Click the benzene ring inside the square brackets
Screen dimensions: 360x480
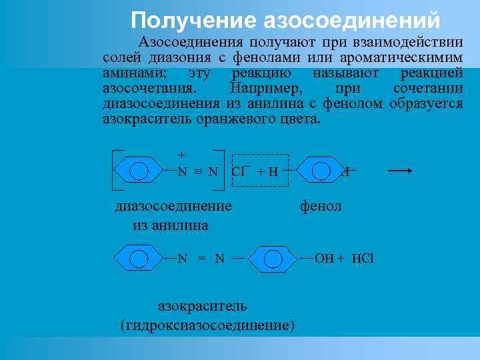tap(139, 171)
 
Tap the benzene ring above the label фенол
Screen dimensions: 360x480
tap(321, 171)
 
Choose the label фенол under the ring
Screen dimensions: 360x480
tap(321, 206)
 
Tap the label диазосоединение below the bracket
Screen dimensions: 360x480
tap(173, 205)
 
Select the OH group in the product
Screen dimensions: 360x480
tap(324, 258)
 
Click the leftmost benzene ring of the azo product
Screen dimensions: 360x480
tap(139, 258)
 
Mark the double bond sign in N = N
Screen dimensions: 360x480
tap(200, 259)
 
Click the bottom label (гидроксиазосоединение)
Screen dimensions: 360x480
tap(207, 325)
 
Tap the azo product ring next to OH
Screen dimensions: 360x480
tap(272, 258)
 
